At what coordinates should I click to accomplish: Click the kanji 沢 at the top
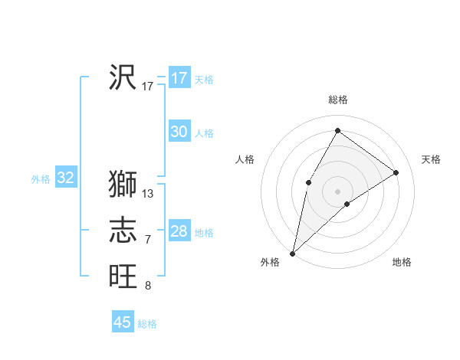pos(123,77)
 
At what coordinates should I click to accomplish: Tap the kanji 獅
pos(123,185)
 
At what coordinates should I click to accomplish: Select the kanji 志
pos(123,231)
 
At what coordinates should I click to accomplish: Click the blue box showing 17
pos(179,77)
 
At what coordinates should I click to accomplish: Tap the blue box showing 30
pos(179,132)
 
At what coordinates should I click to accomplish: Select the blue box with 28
pos(179,231)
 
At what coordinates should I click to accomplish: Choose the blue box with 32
pos(66,178)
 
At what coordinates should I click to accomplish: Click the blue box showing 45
pos(123,322)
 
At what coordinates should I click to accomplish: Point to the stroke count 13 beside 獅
pos(148,194)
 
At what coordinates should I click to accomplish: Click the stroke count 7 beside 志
pos(148,240)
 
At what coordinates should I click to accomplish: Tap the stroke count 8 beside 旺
pos(148,286)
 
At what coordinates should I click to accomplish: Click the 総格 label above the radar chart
pos(337,100)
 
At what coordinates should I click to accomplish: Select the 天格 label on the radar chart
pos(431,159)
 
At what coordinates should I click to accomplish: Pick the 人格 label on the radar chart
pos(245,159)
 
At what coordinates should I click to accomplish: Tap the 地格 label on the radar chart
pos(402,262)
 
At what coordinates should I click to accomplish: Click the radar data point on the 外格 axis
pos(292,253)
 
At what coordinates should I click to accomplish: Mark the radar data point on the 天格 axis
pos(396,172)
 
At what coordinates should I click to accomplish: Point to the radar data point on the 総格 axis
pos(337,130)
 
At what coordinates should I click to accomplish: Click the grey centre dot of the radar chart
pos(337,191)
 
